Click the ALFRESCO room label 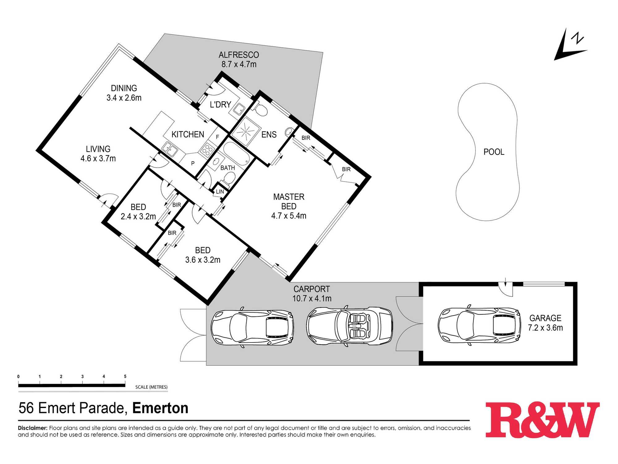pyautogui.click(x=239, y=55)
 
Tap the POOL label pyautogui.click(x=494, y=152)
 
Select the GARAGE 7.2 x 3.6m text pyautogui.click(x=545, y=323)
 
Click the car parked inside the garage pyautogui.click(x=479, y=325)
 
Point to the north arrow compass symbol pyautogui.click(x=570, y=45)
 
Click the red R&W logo pyautogui.click(x=542, y=419)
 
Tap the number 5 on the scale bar pyautogui.click(x=125, y=376)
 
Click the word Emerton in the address pyautogui.click(x=160, y=408)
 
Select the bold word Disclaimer pyautogui.click(x=33, y=428)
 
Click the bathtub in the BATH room pyautogui.click(x=236, y=153)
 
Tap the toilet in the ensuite pyautogui.click(x=261, y=110)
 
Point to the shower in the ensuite pyautogui.click(x=245, y=131)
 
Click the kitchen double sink pyautogui.click(x=170, y=149)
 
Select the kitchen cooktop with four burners pyautogui.click(x=207, y=149)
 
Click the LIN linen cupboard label pyautogui.click(x=220, y=192)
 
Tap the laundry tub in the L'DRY pyautogui.click(x=239, y=109)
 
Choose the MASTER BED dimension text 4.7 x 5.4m pyautogui.click(x=289, y=216)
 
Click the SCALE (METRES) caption pyautogui.click(x=151, y=387)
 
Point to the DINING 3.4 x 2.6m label pyautogui.click(x=124, y=93)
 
